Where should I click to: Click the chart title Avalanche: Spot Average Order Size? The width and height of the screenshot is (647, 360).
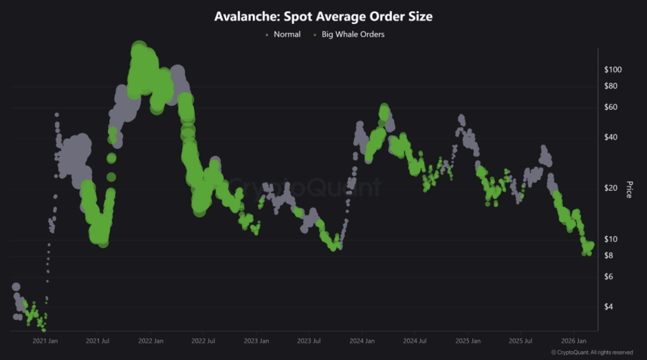323,17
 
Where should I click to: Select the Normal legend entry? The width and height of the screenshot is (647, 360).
287,34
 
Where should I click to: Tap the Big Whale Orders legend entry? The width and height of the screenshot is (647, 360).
353,34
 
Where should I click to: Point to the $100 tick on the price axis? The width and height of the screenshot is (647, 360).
614,69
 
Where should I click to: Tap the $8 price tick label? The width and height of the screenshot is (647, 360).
610,255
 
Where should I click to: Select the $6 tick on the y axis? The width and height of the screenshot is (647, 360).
610,277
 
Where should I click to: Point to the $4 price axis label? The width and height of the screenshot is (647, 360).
610,306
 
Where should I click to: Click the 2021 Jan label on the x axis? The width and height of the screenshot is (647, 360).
45,341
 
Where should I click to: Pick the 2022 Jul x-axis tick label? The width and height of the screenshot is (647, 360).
203,341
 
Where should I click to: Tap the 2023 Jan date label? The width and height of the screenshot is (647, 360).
256,341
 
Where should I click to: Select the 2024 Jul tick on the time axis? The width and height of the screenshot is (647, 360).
414,341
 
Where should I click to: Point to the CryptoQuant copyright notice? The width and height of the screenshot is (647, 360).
592,352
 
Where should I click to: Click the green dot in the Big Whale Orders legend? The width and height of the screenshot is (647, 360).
315,35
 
